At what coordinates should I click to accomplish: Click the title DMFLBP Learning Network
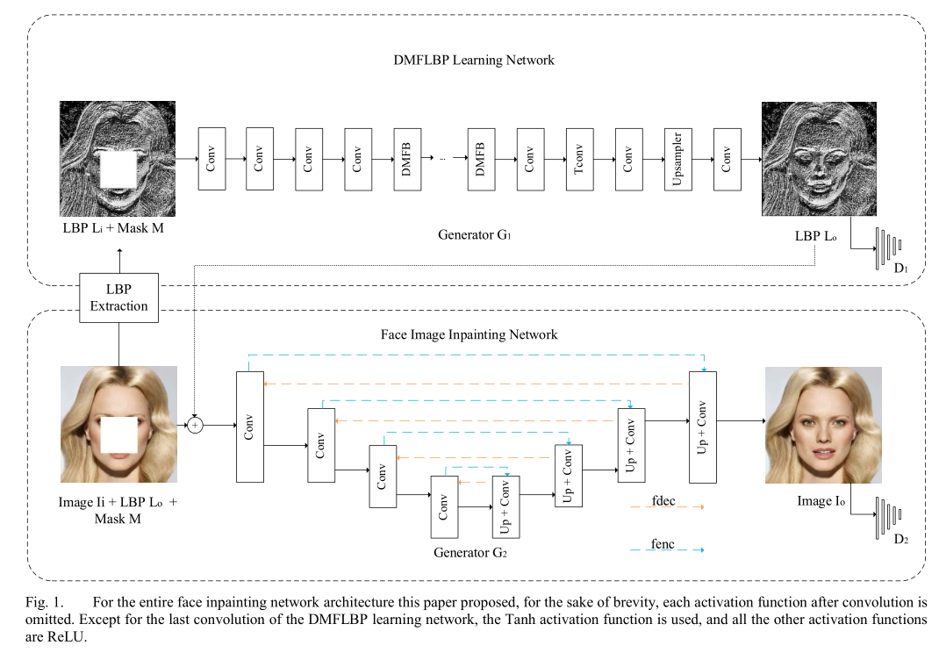point(473,61)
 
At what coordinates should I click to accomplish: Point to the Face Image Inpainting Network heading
point(469,334)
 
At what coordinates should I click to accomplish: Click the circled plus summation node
point(196,425)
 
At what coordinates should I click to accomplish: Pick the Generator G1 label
point(474,235)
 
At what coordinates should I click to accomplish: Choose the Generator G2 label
point(470,553)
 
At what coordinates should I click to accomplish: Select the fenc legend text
point(663,543)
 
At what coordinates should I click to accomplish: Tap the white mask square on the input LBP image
point(118,169)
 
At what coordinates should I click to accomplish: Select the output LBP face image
point(819,159)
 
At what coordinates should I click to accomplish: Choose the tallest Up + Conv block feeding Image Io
point(702,427)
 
